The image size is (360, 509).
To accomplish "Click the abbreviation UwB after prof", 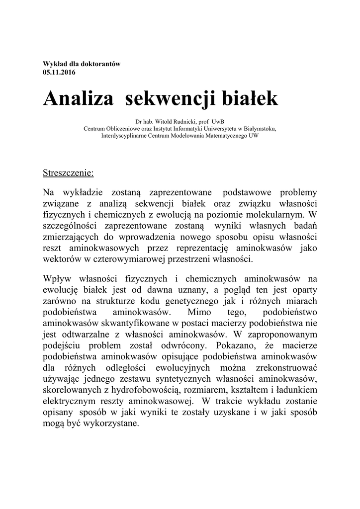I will point(217,121).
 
